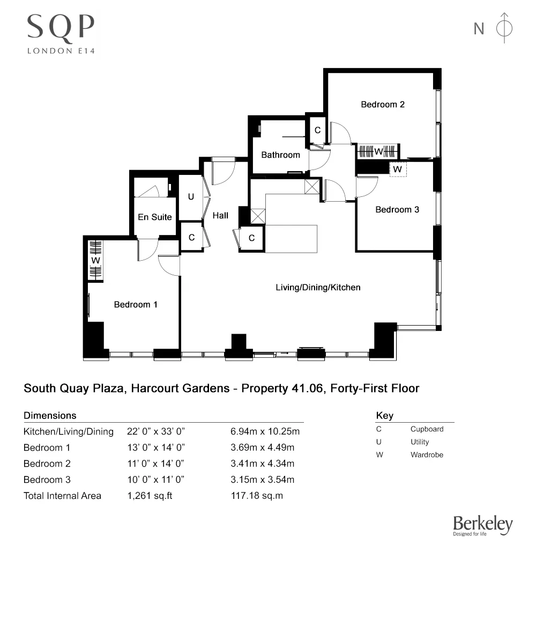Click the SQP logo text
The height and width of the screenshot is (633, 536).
click(x=61, y=27)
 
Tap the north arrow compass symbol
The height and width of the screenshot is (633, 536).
click(x=504, y=28)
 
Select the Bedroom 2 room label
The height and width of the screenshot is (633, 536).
click(x=382, y=105)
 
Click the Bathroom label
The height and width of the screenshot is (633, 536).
click(x=280, y=155)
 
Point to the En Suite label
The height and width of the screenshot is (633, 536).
click(x=155, y=217)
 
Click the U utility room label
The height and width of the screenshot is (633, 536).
click(x=191, y=197)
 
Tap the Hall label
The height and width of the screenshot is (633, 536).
click(x=220, y=216)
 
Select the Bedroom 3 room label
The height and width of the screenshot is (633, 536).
click(x=397, y=210)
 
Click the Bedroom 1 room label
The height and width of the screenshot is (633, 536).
click(x=136, y=305)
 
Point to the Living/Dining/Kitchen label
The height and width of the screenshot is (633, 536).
click(x=318, y=288)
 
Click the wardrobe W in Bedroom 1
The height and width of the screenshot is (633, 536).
click(x=95, y=261)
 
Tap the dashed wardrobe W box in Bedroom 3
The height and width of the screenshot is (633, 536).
click(x=397, y=169)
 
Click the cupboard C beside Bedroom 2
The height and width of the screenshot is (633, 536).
click(x=317, y=130)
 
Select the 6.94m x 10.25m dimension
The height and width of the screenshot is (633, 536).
click(x=264, y=431)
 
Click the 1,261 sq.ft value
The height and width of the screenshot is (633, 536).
click(x=150, y=496)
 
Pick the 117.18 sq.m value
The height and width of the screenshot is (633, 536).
click(x=256, y=496)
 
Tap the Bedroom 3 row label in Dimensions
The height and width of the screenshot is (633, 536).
click(x=47, y=480)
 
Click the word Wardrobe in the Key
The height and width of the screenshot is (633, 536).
click(x=427, y=455)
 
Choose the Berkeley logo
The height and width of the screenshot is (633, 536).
click(x=482, y=526)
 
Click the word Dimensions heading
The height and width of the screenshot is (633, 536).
click(x=50, y=416)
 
